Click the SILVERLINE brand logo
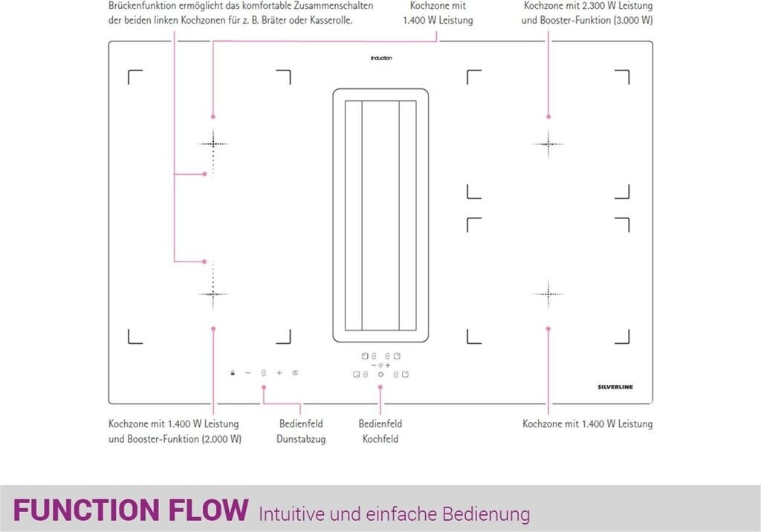pos(615,387)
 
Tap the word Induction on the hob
pos(381,58)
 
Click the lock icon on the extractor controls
pos(233,372)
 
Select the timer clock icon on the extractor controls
pos(296,372)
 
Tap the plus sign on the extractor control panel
pos(279,372)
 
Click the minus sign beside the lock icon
pos(248,372)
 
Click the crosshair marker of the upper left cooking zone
pos(213,143)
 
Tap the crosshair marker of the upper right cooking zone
pos(548,143)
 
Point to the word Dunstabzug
pos(301,439)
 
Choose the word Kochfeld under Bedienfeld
pos(380,439)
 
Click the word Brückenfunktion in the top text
pos(142,5)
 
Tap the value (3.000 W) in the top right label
pos(633,20)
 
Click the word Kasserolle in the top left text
pos(328,20)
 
